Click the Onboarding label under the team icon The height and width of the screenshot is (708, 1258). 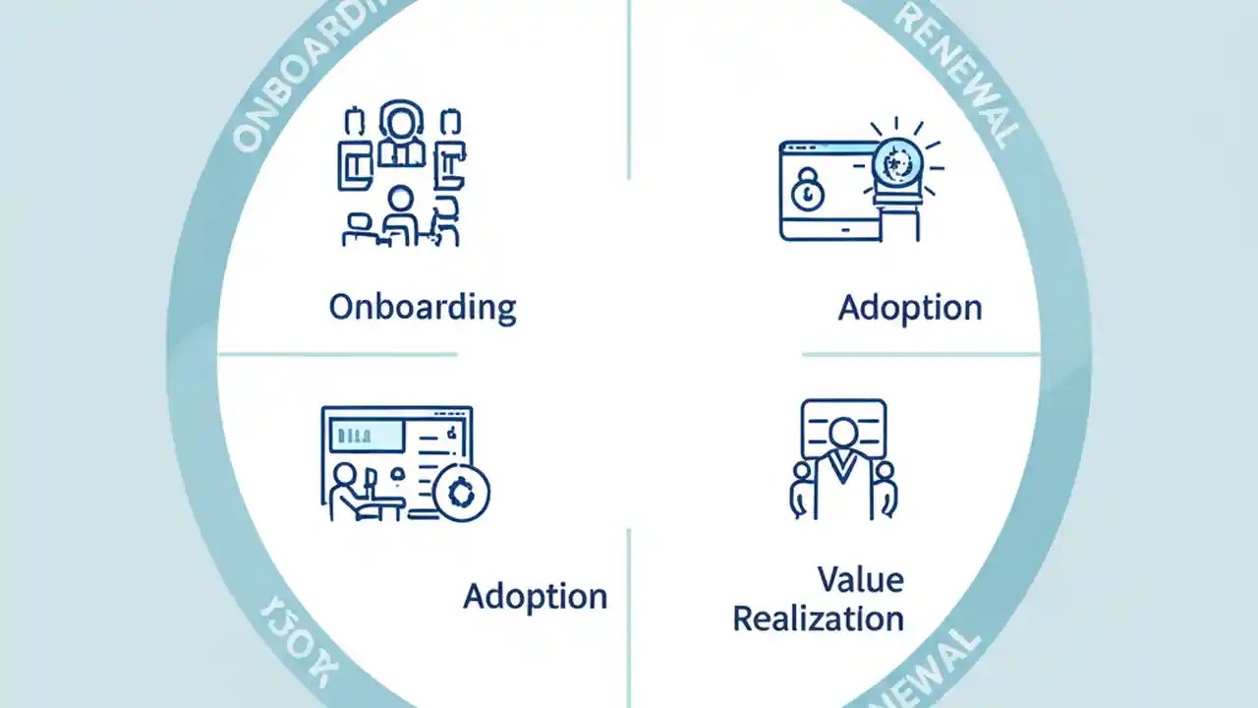(422, 307)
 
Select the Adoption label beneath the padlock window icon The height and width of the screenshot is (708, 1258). (909, 308)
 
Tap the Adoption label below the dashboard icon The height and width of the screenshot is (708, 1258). (535, 596)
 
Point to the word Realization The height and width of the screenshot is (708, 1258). (818, 619)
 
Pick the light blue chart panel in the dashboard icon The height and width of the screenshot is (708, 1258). (367, 433)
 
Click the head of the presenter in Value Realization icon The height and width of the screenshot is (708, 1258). (843, 433)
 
